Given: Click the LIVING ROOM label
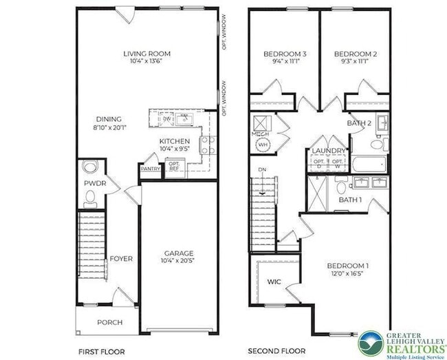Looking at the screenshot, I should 147,53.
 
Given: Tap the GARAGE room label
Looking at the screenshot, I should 178,253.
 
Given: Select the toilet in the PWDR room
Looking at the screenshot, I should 89,198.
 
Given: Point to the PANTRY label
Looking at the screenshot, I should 150,168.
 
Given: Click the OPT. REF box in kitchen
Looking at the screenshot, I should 173,167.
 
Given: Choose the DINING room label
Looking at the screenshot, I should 109,118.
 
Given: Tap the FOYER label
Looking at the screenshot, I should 121,259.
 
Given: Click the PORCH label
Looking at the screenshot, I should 109,321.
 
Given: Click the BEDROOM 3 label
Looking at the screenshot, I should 285,53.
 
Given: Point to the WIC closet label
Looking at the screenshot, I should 273,282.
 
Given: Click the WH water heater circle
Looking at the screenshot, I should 262,145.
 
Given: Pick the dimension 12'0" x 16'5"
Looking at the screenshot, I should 347,273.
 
